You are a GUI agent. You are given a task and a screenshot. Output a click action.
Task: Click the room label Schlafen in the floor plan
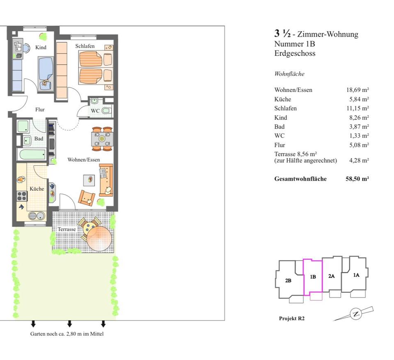click(85, 46)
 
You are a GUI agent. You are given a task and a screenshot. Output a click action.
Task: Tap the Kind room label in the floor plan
click(41, 48)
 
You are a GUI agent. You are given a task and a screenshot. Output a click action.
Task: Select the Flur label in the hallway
click(40, 110)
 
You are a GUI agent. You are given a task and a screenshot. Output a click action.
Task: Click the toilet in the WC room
click(106, 110)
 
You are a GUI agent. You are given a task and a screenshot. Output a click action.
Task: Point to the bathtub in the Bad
click(32, 155)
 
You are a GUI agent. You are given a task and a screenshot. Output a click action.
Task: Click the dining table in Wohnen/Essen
click(102, 139)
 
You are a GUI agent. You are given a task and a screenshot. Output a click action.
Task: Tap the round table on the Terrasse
click(99, 238)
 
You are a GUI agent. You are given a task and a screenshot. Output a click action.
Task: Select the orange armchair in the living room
click(87, 198)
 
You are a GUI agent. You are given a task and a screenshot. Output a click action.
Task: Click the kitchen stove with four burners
click(22, 196)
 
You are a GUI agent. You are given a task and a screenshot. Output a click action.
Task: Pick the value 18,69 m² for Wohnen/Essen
click(357, 90)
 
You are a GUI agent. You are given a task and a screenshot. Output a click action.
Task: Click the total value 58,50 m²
click(357, 179)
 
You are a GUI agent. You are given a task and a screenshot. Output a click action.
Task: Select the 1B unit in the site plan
click(313, 277)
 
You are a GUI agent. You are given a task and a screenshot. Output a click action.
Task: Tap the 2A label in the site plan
click(331, 276)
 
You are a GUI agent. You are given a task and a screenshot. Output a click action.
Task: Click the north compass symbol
click(356, 314)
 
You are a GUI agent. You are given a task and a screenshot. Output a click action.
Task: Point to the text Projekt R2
click(292, 318)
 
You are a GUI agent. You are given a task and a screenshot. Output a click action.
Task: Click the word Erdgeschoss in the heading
click(295, 53)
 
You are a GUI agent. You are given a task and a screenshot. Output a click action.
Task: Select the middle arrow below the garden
click(69, 324)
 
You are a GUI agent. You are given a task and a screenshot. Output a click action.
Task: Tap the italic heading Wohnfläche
click(289, 74)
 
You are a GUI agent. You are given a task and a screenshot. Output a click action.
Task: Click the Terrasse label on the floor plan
click(66, 229)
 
